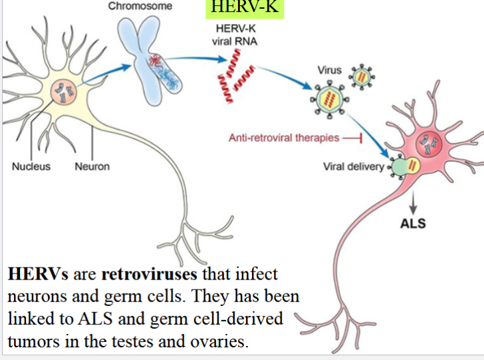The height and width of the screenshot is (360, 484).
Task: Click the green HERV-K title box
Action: pyautogui.click(x=243, y=8)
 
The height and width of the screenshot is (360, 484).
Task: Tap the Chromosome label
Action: pyautogui.click(x=140, y=6)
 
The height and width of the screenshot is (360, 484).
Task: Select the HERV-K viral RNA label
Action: pyautogui.click(x=237, y=35)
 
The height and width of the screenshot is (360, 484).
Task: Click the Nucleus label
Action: pyautogui.click(x=31, y=166)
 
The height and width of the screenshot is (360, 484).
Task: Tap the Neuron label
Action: pyautogui.click(x=92, y=166)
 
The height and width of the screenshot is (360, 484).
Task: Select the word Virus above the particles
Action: pyautogui.click(x=330, y=69)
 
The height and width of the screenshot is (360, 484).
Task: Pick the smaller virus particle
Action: pyautogui.click(x=362, y=78)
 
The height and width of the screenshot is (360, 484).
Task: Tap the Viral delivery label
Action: pyautogui.click(x=353, y=166)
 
